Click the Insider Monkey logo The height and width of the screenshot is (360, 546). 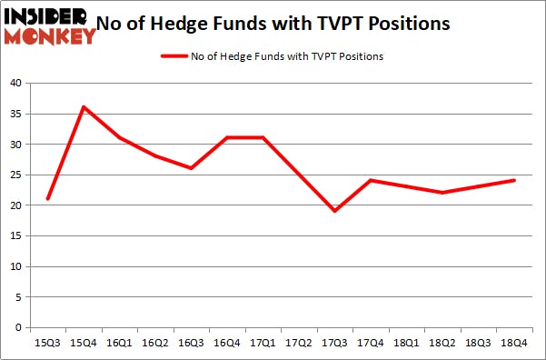click(x=49, y=26)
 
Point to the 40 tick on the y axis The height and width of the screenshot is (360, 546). click(x=15, y=83)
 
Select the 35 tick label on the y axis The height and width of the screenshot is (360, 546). click(x=15, y=114)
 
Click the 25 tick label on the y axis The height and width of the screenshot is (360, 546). click(x=15, y=175)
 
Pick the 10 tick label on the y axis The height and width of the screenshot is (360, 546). click(x=15, y=266)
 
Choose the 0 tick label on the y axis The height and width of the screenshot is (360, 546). click(x=18, y=327)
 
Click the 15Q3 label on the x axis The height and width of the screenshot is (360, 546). click(x=48, y=344)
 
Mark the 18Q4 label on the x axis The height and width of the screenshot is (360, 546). click(x=513, y=344)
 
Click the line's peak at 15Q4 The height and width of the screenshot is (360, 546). click(x=84, y=107)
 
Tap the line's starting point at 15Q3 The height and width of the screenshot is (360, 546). click(x=47, y=199)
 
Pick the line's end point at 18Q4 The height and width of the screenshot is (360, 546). click(x=514, y=180)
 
